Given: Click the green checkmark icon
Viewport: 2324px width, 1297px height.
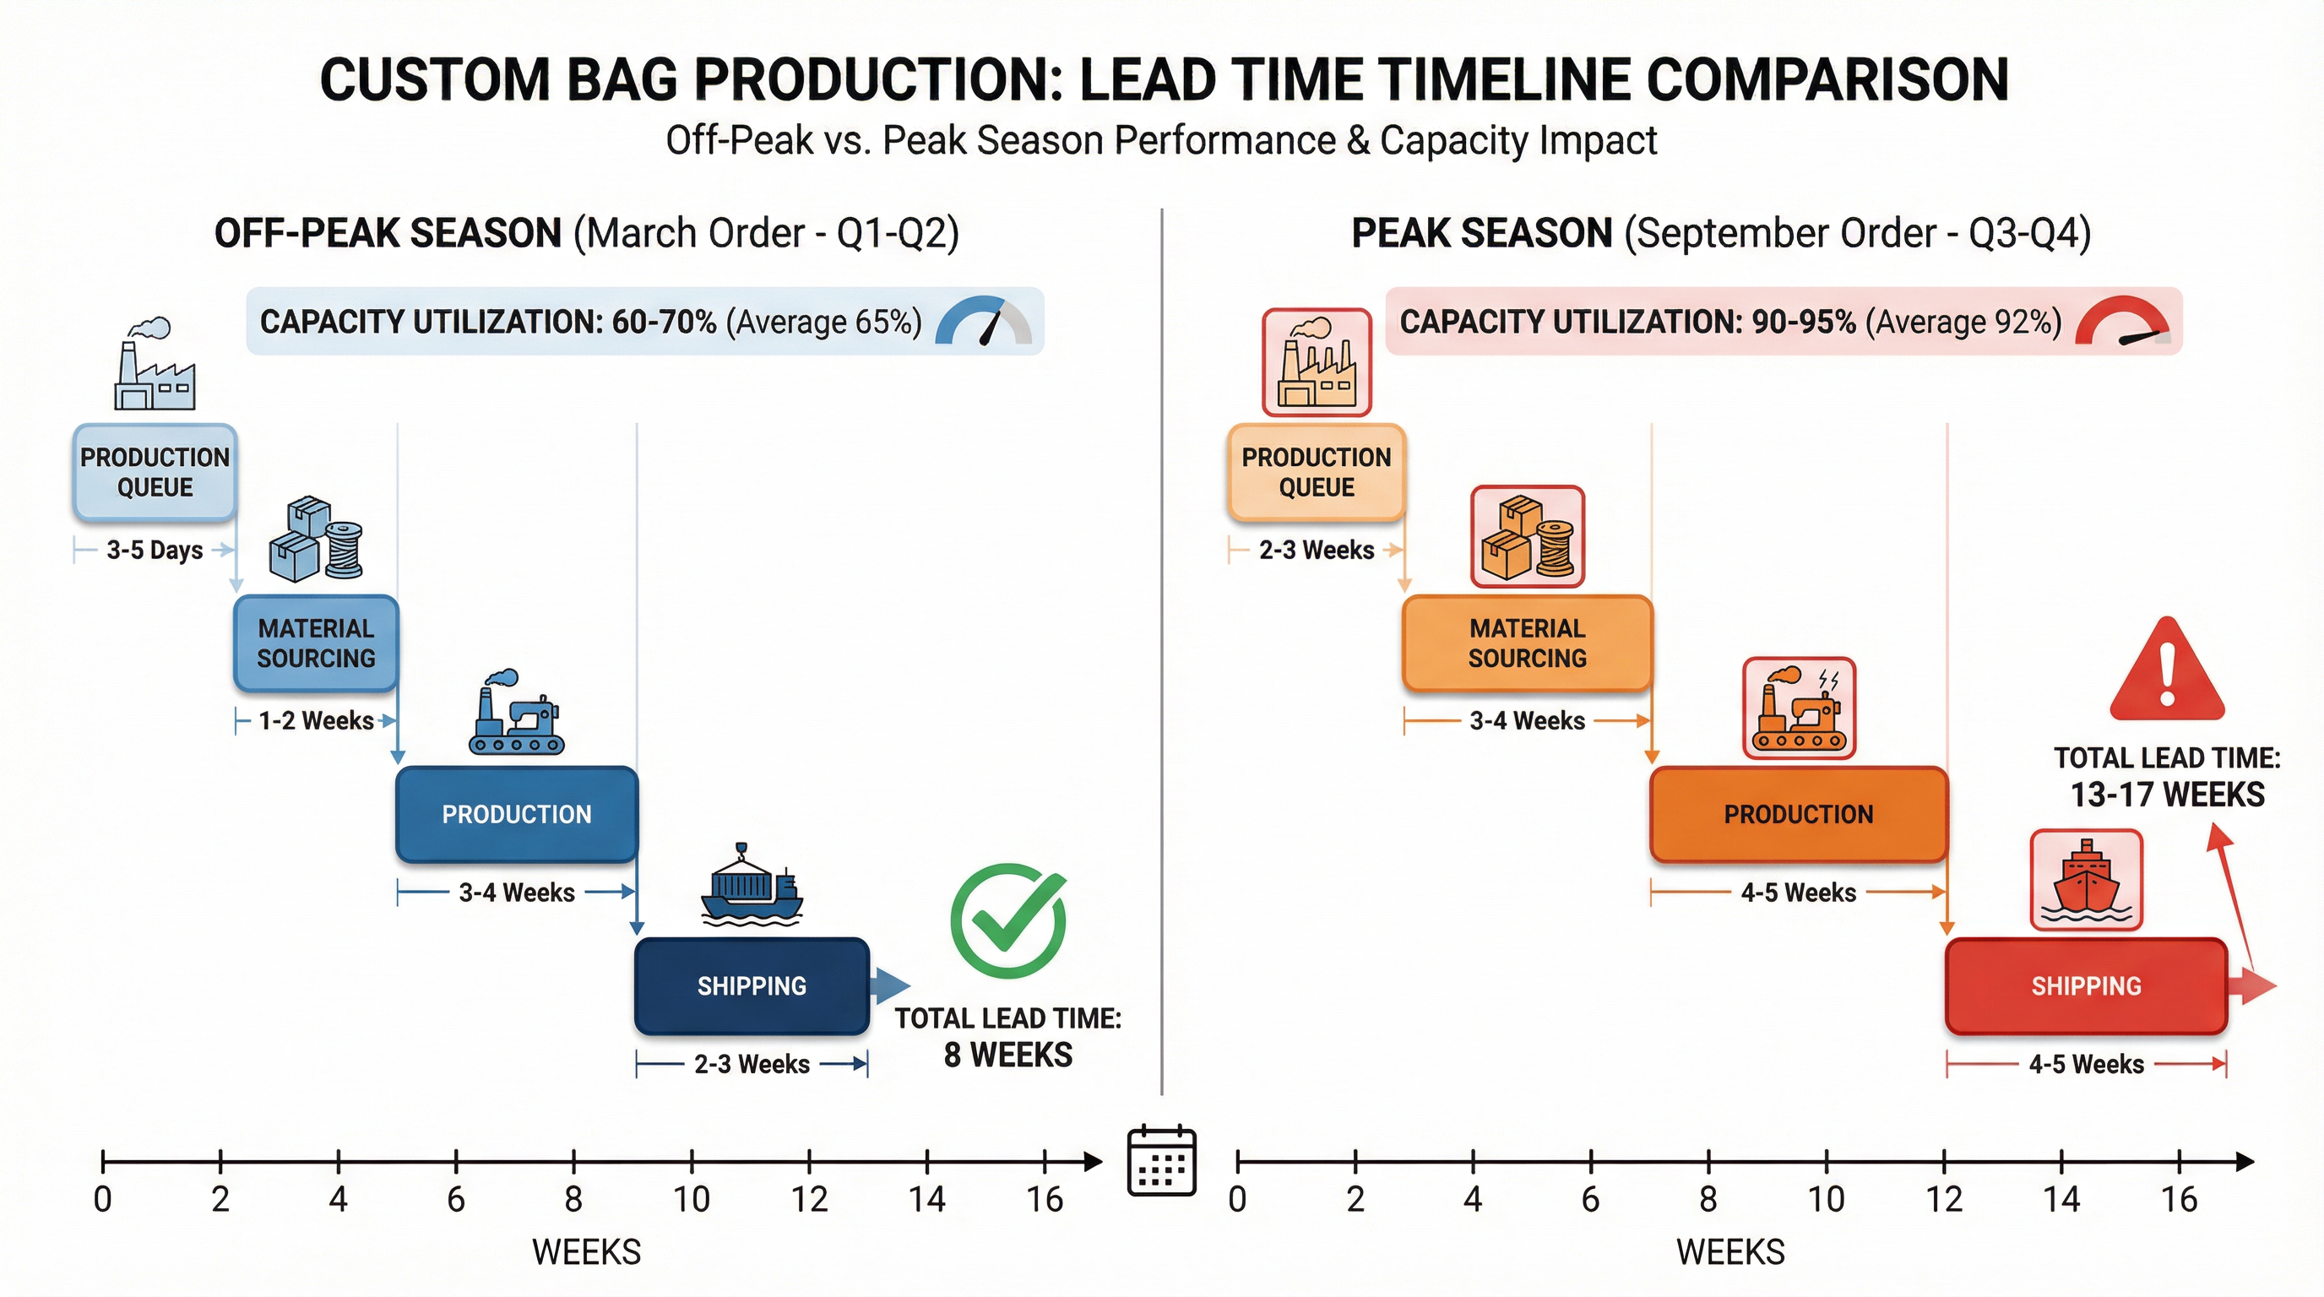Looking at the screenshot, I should click(1008, 921).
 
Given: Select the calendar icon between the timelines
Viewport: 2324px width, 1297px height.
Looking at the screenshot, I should click(1162, 1162).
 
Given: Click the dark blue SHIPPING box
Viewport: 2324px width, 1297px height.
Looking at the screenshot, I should click(752, 985).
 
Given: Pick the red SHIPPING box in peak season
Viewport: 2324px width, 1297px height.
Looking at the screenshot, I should click(2086, 985).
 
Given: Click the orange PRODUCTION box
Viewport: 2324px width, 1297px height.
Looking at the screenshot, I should click(1798, 815).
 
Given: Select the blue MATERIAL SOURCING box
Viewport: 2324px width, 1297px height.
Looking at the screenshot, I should click(316, 643).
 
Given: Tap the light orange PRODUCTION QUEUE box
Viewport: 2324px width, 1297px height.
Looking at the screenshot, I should click(1317, 472).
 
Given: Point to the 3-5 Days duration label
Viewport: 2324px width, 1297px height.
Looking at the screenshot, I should click(155, 550).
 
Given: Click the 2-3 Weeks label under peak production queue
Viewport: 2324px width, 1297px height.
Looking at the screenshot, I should click(1317, 550).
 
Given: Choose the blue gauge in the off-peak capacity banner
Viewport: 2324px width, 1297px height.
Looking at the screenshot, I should click(983, 322).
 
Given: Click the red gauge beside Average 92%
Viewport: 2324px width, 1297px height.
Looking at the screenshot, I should click(2122, 323).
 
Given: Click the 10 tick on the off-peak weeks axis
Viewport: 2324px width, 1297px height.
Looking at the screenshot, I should click(692, 1162).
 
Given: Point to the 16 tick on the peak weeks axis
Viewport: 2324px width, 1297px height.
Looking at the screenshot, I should click(2179, 1162).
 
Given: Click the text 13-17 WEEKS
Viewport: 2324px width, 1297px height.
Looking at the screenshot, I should click(2167, 795).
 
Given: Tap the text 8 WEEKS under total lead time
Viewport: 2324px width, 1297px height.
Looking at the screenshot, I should click(1007, 1055).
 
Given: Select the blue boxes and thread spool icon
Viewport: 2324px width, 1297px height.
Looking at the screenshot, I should click(316, 539).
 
